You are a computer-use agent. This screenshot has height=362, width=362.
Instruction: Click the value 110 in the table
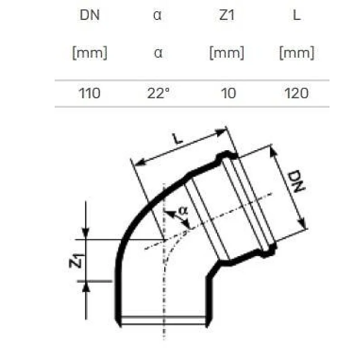(x=90, y=94)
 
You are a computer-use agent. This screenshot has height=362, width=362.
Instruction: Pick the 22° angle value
(x=158, y=94)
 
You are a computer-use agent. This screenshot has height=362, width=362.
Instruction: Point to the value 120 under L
(x=297, y=94)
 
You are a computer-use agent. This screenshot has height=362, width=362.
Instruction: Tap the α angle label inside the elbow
(x=182, y=210)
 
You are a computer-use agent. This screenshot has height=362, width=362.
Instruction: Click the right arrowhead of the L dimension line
(x=223, y=132)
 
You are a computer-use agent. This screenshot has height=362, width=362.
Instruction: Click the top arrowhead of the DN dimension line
(x=273, y=150)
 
